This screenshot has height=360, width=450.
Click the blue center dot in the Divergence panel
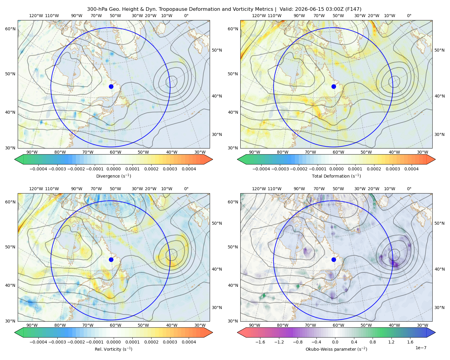point(111,86)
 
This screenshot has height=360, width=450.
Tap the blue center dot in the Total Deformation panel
point(334,86)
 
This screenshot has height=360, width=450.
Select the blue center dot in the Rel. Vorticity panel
point(111,259)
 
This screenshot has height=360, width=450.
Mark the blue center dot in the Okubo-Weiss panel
point(334,259)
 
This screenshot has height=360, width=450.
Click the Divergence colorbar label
point(113,176)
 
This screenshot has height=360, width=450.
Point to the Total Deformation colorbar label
point(336,176)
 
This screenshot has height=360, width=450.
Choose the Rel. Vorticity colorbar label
point(113,349)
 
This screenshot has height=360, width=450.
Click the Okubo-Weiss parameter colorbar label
point(336,349)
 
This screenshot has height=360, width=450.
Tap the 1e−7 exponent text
point(421,348)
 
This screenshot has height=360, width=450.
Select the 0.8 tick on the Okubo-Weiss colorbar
point(373,342)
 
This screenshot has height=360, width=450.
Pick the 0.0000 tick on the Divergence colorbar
point(113,169)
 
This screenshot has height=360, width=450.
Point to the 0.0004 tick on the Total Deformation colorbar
point(411,169)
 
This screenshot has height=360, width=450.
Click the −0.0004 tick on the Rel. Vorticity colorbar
point(38,342)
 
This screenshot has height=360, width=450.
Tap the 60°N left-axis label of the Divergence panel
point(10,29)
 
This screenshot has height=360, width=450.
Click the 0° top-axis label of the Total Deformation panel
point(409,16)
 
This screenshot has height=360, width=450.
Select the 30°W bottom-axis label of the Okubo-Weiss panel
point(422,325)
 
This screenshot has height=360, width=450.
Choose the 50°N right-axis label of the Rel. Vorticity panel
point(217,223)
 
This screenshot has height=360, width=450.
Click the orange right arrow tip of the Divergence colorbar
point(212,159)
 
